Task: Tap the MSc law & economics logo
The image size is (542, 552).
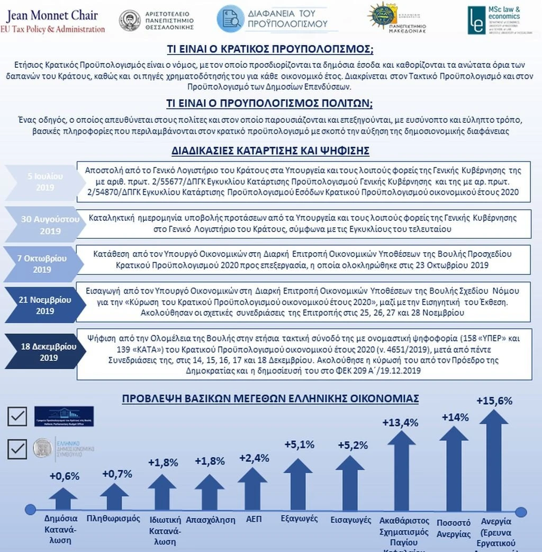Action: (x=494, y=20)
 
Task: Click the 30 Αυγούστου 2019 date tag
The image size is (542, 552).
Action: (x=48, y=225)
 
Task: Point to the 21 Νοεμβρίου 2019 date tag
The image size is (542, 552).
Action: (x=45, y=305)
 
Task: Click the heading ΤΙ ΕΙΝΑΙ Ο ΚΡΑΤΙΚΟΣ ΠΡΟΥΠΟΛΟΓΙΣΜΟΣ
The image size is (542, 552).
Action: (x=270, y=50)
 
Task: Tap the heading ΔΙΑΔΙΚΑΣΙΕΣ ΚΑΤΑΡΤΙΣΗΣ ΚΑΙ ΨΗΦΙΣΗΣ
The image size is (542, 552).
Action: (x=270, y=150)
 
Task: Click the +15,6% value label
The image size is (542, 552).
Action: (x=494, y=401)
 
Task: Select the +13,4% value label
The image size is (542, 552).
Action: (x=400, y=422)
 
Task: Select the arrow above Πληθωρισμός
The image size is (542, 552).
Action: (x=114, y=496)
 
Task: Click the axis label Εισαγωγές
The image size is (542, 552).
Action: (x=350, y=520)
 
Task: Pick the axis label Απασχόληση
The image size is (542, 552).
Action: (x=210, y=520)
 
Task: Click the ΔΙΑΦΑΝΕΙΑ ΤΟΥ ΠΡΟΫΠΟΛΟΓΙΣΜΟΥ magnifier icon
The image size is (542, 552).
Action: (x=230, y=19)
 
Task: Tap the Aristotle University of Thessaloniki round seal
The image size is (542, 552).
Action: (x=130, y=20)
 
